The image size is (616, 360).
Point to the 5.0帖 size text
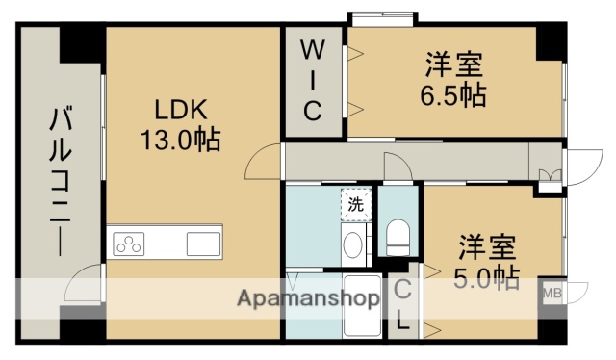(486, 278)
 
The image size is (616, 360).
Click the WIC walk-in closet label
(313, 79)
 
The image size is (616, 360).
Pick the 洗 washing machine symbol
(356, 204)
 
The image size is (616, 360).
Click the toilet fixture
(398, 235)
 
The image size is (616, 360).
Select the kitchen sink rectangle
(203, 244)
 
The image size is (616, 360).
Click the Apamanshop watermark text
(307, 297)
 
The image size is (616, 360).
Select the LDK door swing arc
(262, 165)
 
